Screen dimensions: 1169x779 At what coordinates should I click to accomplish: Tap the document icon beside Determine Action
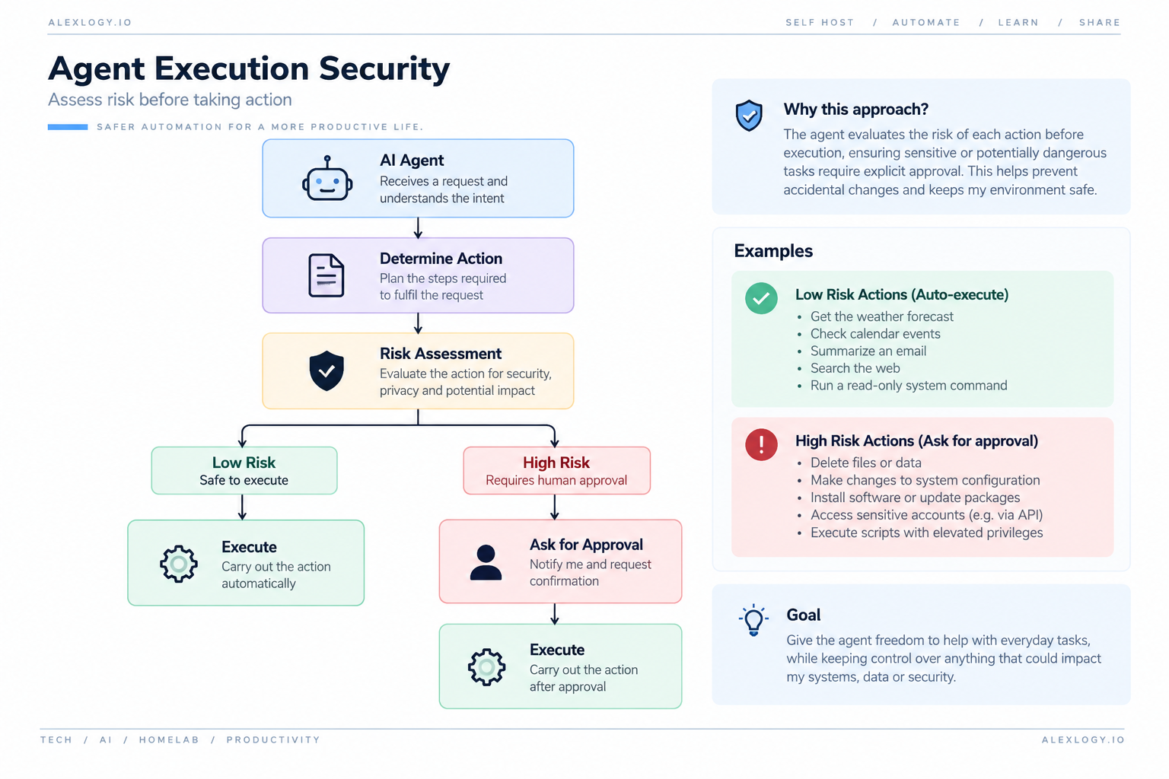[x=326, y=275]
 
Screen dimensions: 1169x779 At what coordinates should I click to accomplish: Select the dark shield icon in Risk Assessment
[x=326, y=370]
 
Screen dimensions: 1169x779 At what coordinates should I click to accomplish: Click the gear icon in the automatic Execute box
[x=179, y=564]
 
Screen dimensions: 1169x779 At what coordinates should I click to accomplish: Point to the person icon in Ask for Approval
[x=486, y=562]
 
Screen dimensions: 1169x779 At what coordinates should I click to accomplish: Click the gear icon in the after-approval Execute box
[x=486, y=667]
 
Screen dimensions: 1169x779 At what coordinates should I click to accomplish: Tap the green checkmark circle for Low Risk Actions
[x=761, y=298]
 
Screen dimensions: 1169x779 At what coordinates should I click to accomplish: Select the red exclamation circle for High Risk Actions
[x=761, y=444]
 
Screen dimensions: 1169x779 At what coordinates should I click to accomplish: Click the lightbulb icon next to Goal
[x=753, y=620]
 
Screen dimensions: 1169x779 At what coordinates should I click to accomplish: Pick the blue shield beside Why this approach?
[x=749, y=116]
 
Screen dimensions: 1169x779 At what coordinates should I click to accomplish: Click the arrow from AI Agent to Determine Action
[x=418, y=228]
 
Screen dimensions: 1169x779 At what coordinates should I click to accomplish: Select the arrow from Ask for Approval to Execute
[x=554, y=614]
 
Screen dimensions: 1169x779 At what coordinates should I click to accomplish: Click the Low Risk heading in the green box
[x=244, y=463]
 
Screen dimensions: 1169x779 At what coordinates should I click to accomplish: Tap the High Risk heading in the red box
[x=556, y=463]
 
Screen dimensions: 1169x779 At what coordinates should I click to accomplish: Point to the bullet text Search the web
[x=855, y=368]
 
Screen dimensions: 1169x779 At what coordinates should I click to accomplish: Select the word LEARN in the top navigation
[x=1018, y=22]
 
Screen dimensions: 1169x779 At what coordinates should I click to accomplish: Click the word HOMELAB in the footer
[x=169, y=740]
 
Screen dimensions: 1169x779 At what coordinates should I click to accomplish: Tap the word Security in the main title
[x=384, y=69]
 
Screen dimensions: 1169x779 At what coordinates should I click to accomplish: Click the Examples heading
[x=773, y=251]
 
